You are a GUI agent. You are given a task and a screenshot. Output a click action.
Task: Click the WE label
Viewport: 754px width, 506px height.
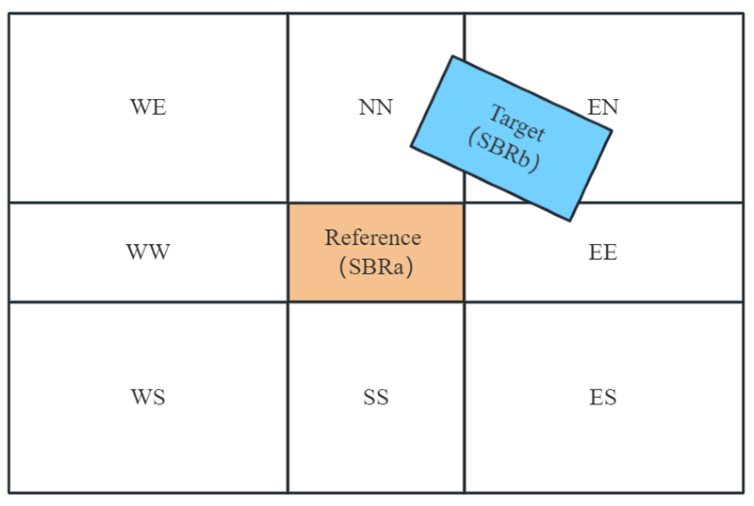[148, 107]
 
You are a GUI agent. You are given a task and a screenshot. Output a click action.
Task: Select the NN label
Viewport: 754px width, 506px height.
[375, 107]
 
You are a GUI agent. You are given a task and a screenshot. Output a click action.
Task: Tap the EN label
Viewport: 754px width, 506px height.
[603, 107]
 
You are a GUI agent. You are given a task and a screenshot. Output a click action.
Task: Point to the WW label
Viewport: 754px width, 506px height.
[148, 252]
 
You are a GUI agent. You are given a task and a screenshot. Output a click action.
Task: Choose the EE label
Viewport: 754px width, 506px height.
[603, 253]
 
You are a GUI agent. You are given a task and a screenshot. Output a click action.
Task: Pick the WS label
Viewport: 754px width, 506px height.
[148, 397]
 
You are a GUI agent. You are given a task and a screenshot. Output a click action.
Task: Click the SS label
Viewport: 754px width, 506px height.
[375, 397]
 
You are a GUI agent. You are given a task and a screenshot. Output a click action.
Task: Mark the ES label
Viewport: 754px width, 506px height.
[603, 397]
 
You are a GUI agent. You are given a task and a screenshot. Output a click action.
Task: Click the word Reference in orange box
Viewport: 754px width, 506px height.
[373, 237]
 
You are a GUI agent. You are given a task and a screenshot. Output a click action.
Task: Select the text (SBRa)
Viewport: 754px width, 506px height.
[376, 267]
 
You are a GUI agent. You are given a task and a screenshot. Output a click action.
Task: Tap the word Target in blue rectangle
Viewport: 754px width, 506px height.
[517, 123]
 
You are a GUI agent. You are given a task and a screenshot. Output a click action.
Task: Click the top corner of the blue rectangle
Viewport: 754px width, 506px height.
[453, 56]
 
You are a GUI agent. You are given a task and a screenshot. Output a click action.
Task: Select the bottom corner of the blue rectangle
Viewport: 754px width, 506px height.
[570, 221]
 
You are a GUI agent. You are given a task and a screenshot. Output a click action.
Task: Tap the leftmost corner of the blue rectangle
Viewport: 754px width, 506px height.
[411, 146]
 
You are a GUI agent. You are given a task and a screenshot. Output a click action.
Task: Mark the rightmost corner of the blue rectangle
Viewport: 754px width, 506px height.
[611, 131]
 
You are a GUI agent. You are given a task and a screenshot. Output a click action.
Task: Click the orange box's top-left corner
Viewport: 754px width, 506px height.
[289, 204]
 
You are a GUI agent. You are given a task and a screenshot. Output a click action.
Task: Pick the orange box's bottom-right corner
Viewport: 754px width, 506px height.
[463, 301]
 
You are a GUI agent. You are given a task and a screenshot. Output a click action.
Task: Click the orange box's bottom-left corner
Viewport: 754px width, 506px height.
[289, 301]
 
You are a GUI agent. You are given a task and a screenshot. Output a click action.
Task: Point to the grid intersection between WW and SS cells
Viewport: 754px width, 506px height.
[288, 302]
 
